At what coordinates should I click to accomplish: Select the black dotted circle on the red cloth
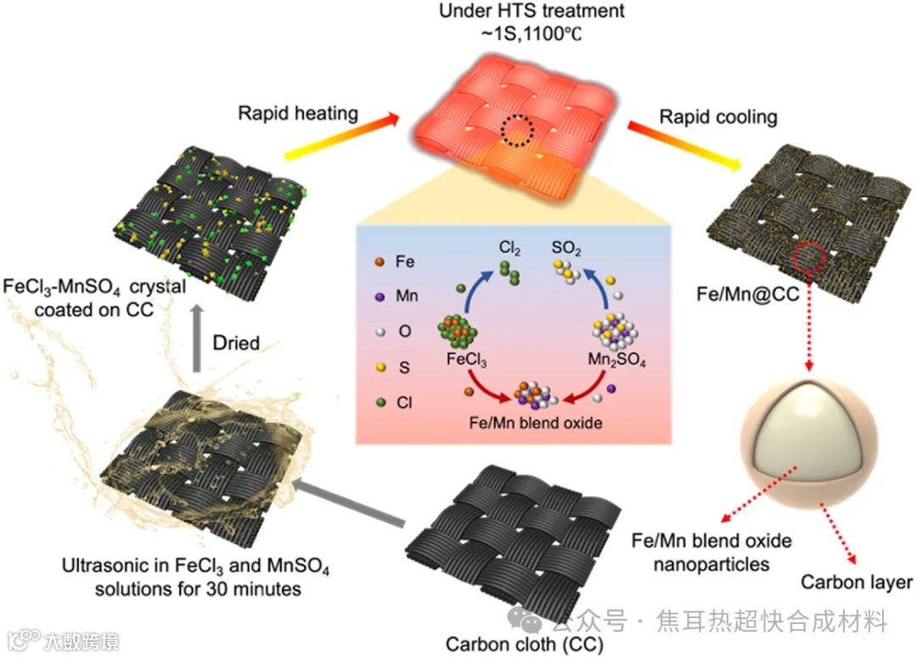coord(517,131)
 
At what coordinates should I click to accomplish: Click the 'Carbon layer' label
coord(857,582)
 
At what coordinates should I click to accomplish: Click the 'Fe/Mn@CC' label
coord(734,297)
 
